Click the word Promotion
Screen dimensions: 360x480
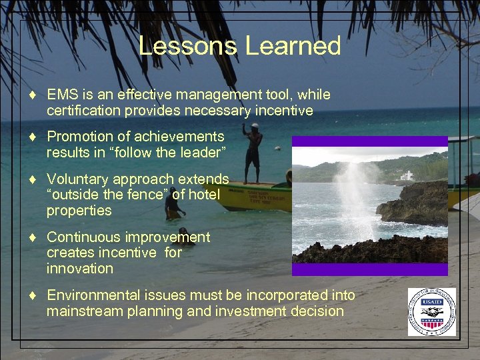click(x=79, y=137)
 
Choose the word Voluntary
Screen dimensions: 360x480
click(x=78, y=179)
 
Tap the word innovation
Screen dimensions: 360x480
click(x=79, y=269)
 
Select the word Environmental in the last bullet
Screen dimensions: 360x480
click(x=93, y=295)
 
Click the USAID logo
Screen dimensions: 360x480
click(x=432, y=311)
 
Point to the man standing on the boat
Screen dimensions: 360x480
click(x=252, y=153)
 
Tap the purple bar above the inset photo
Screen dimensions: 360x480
click(x=369, y=141)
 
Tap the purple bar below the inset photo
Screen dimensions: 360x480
click(x=369, y=269)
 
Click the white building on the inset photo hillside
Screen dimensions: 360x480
click(x=407, y=176)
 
